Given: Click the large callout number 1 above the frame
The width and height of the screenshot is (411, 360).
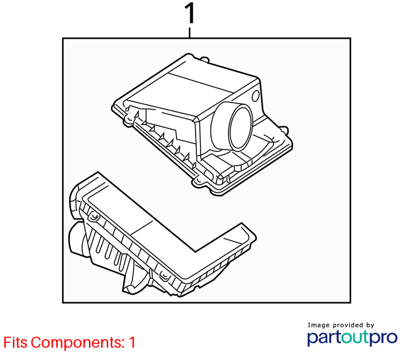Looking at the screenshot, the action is tap(190, 13).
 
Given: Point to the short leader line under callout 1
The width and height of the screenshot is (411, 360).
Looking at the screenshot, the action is tap(190, 33).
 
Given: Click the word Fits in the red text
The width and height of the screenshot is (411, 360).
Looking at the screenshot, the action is tap(15, 342).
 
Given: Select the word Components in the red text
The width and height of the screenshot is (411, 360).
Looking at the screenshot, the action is tap(77, 343).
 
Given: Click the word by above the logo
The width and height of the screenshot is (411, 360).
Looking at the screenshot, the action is tap(370, 325).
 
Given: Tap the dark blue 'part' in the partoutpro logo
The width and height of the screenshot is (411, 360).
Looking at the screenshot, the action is tap(325, 337).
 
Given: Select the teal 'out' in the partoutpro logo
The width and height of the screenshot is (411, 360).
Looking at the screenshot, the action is tap(355, 337).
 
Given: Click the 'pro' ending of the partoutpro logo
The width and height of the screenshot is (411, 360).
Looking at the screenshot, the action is tap(383, 338).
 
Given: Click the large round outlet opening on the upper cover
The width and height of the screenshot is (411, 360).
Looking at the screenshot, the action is tap(240, 128).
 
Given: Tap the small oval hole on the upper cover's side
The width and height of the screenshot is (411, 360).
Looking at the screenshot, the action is tap(256, 96).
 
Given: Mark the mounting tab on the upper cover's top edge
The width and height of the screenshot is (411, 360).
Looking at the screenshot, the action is tap(205, 59).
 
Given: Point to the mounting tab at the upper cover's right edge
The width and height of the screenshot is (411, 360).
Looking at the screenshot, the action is tap(285, 130).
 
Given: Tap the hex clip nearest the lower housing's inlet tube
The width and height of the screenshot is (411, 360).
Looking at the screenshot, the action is tap(94, 216).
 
